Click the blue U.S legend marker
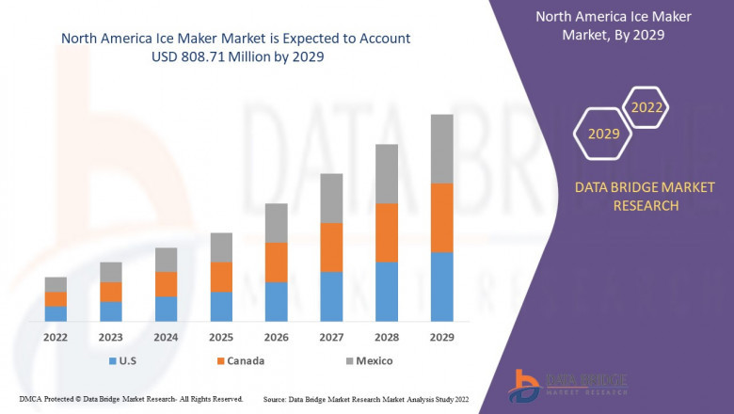pos(114,361)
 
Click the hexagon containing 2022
pos(646,109)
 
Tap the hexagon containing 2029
pos(604,135)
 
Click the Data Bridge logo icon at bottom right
pos(523,385)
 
